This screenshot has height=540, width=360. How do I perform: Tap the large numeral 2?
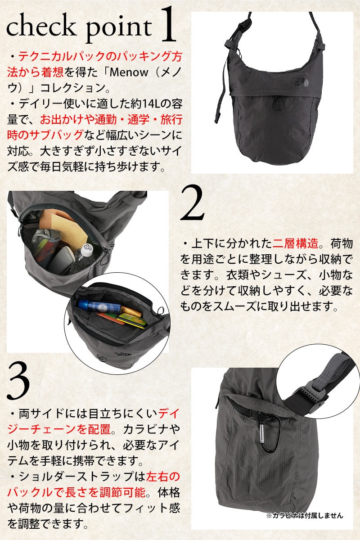click(193, 203)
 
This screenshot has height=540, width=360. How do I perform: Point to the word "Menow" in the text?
click(129, 72)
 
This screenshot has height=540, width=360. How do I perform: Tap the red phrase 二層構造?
click(295, 243)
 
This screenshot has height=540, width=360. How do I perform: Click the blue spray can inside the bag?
click(99, 306)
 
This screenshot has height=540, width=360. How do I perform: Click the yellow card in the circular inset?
click(132, 320)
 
